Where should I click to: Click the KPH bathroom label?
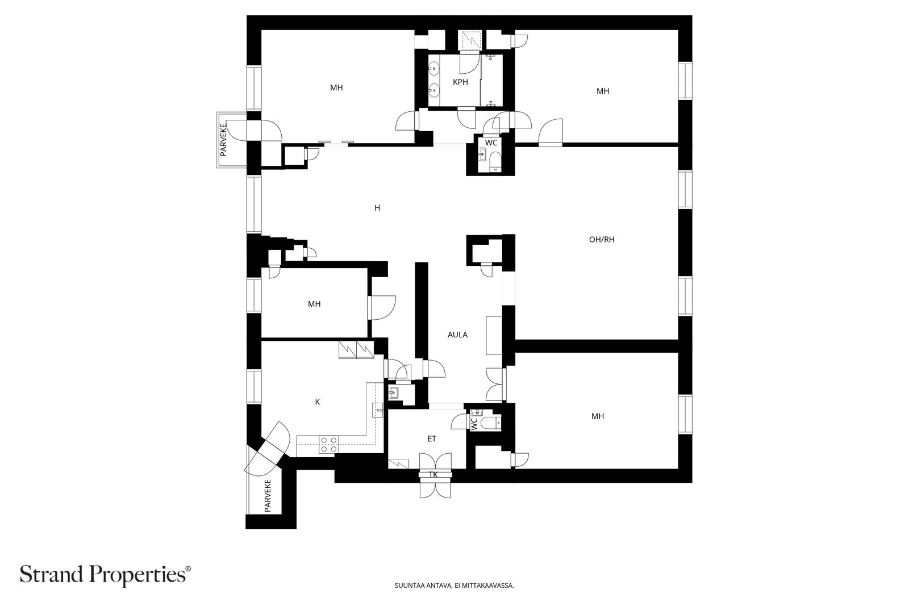460,82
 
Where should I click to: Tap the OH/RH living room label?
602,239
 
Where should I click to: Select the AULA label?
457,335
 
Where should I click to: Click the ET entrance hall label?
432,438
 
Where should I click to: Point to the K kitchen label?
318,402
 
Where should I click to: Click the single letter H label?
377,208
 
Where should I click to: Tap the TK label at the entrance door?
433,475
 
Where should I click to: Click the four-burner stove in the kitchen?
329,444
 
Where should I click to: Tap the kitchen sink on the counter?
378,411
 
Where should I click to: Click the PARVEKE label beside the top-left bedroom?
223,140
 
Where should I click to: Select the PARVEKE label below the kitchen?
268,496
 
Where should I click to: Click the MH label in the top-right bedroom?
603,91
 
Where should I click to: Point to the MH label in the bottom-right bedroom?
597,416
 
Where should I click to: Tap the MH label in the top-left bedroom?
336,87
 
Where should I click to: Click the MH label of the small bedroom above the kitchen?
314,304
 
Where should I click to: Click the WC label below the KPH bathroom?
491,143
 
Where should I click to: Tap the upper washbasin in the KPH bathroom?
434,69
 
